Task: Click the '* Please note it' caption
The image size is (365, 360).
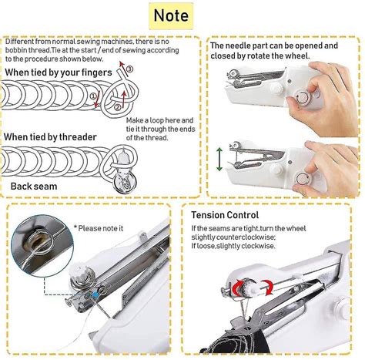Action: [101, 228]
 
